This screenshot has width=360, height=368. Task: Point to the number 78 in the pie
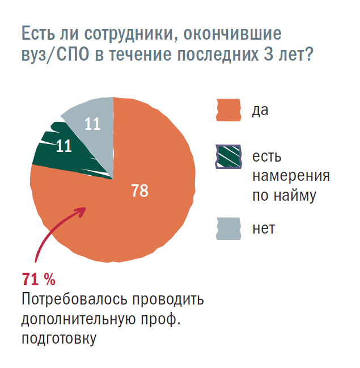pyautogui.click(x=139, y=191)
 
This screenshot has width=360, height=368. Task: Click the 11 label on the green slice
pyautogui.click(x=64, y=146)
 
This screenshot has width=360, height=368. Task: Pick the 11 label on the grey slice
pyautogui.click(x=92, y=124)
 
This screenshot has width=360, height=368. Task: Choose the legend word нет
pyautogui.click(x=264, y=229)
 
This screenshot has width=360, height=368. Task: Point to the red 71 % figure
pyautogui.click(x=39, y=278)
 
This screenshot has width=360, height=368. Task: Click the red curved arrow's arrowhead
pyautogui.click(x=81, y=210)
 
